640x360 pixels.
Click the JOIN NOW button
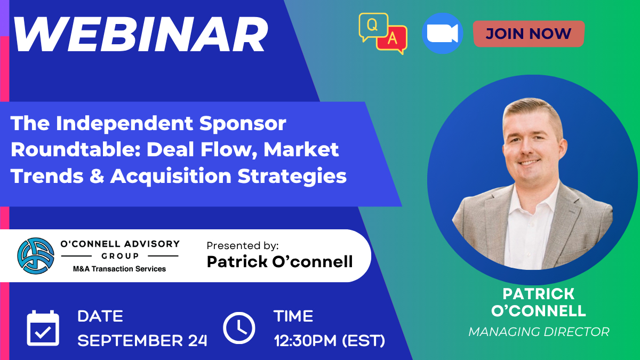pyautogui.click(x=529, y=34)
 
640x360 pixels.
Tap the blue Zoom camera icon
pyautogui.click(x=442, y=34)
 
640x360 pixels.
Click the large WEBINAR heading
pyautogui.click(x=141, y=34)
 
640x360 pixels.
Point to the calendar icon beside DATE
pyautogui.click(x=43, y=328)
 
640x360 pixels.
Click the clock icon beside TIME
pyautogui.click(x=239, y=327)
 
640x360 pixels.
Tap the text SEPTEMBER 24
pyautogui.click(x=142, y=341)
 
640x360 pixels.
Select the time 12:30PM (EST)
pyautogui.click(x=330, y=341)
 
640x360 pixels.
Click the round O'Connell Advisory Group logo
pyautogui.click(x=36, y=255)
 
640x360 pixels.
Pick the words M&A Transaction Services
pyautogui.click(x=119, y=269)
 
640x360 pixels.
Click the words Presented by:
pyautogui.click(x=243, y=245)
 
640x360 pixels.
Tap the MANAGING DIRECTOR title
pyautogui.click(x=539, y=332)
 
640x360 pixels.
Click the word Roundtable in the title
pyautogui.click(x=76, y=149)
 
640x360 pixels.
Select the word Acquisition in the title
pyautogui.click(x=171, y=177)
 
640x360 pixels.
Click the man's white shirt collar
pyautogui.click(x=534, y=197)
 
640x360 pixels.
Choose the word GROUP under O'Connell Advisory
pyautogui.click(x=120, y=255)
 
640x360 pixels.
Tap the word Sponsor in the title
pyautogui.click(x=243, y=124)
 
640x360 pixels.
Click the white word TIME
pyautogui.click(x=293, y=316)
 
